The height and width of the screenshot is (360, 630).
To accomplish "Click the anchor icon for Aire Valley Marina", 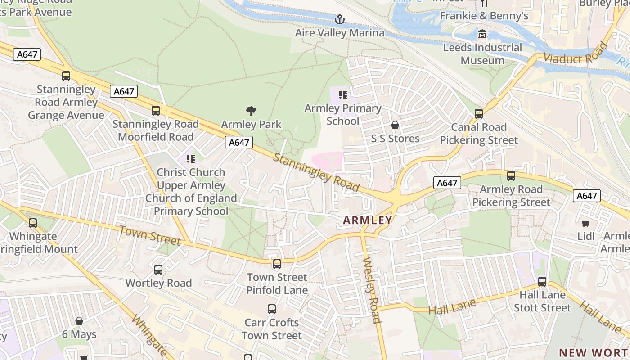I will click(x=340, y=19).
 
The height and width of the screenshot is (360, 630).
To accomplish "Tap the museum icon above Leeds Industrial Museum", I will click(x=482, y=34).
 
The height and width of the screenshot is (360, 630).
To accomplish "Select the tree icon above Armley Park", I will click(x=251, y=111).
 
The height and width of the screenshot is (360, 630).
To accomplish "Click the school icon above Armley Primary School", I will click(x=343, y=95).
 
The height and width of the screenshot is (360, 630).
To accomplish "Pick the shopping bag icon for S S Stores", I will click(x=395, y=125).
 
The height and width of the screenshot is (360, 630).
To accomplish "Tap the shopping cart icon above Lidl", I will click(x=585, y=223).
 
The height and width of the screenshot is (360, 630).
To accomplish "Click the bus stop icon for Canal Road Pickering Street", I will click(x=479, y=114).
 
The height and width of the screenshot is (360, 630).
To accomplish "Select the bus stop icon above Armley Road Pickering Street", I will click(x=511, y=176).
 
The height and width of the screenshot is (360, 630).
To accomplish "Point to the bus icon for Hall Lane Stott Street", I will click(x=542, y=282).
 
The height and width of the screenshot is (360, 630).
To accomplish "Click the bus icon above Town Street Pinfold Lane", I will click(x=277, y=264).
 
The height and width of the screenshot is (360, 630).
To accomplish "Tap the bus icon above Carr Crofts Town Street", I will click(x=272, y=309).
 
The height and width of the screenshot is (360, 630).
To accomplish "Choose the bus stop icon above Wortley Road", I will click(x=158, y=270).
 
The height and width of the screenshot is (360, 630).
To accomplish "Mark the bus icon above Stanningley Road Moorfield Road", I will click(x=156, y=110).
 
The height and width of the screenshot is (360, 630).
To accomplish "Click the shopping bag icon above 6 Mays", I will click(x=79, y=321).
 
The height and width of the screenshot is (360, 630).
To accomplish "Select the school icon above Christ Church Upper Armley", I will click(x=191, y=158).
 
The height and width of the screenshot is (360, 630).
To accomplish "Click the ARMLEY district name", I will click(x=368, y=220).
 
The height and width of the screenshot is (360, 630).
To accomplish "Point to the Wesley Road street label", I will click(x=372, y=290).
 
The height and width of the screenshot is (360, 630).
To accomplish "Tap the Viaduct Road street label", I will click(x=575, y=53).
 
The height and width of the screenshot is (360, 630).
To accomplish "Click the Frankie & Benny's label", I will click(x=484, y=16).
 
